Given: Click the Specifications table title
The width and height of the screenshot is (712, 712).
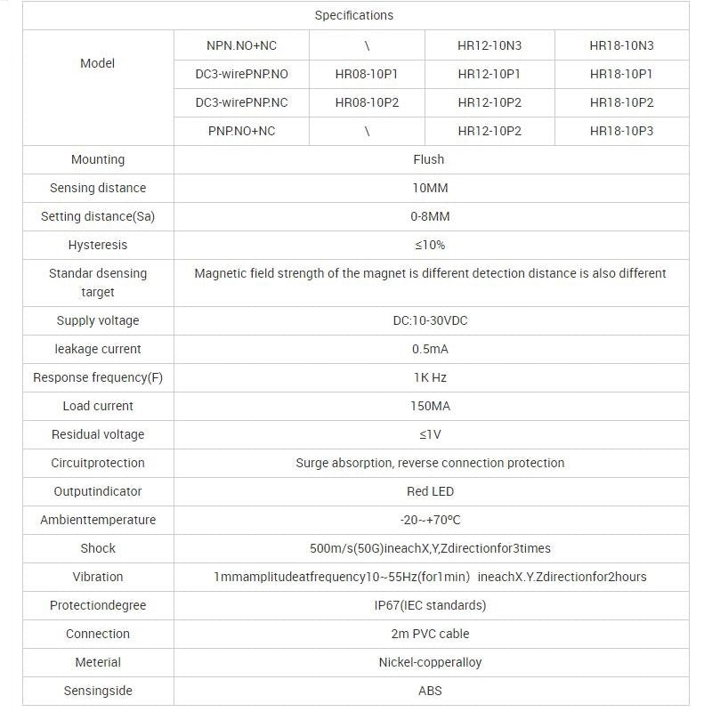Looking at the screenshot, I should click(353, 15).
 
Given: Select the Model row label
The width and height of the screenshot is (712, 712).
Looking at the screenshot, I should click(97, 63).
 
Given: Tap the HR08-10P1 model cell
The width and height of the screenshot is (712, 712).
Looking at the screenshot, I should click(367, 74).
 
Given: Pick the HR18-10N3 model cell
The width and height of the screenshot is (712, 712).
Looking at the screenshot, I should click(621, 45).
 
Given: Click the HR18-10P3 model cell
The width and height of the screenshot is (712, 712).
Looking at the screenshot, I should click(621, 131).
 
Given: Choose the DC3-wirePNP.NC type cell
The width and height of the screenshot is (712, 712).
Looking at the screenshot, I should click(241, 102).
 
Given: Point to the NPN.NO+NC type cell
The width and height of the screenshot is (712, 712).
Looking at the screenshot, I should click(241, 45).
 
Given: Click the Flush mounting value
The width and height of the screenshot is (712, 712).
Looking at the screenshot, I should click(429, 159).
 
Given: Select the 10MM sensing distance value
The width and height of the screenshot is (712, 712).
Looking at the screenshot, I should click(429, 188).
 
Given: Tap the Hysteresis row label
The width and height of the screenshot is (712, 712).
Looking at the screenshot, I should click(97, 245).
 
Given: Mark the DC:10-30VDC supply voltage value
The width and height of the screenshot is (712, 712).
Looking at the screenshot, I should click(429, 320).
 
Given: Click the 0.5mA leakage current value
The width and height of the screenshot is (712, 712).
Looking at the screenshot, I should click(429, 349).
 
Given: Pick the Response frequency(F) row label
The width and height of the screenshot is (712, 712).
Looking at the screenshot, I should click(97, 377).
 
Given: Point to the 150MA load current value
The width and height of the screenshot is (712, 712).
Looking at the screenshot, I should click(429, 406).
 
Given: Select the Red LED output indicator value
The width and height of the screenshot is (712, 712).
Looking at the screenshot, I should click(429, 491).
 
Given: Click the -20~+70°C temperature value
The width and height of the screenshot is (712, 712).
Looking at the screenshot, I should click(429, 520).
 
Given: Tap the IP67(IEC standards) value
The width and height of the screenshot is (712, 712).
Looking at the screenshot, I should click(429, 605).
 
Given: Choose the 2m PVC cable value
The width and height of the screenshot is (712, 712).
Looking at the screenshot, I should click(429, 634).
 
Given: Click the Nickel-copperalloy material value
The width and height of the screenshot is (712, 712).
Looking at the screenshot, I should click(429, 662).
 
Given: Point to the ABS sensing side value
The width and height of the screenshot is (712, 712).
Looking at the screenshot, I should click(429, 691).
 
